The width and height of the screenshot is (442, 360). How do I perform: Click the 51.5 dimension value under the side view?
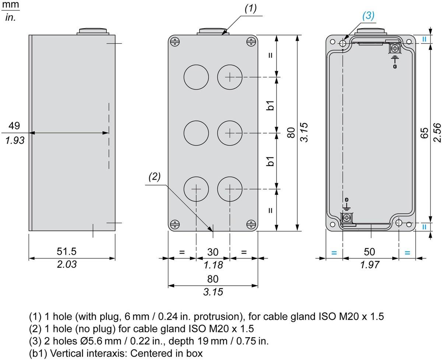(67, 251)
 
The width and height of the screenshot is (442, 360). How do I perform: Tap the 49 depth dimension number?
(14, 126)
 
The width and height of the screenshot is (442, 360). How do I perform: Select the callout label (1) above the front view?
(250, 9)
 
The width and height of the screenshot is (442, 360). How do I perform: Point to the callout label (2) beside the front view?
(155, 177)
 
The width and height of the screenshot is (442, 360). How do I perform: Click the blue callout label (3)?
(368, 16)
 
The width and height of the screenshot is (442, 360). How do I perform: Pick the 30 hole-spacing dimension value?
(213, 252)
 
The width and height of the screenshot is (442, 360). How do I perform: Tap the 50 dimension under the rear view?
(369, 252)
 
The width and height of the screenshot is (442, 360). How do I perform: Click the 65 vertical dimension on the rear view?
(424, 133)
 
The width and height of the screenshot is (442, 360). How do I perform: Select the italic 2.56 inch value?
(437, 133)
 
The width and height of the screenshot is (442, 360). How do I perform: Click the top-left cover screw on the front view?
(175, 42)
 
